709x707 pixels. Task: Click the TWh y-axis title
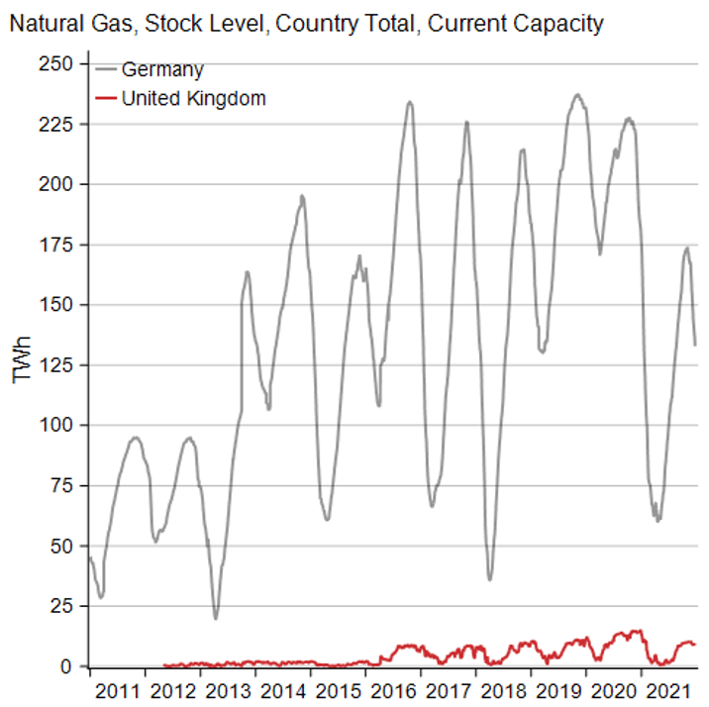21,361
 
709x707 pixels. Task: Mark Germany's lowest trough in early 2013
216,619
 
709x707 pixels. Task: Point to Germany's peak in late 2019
578,95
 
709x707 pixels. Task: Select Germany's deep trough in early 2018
490,579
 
